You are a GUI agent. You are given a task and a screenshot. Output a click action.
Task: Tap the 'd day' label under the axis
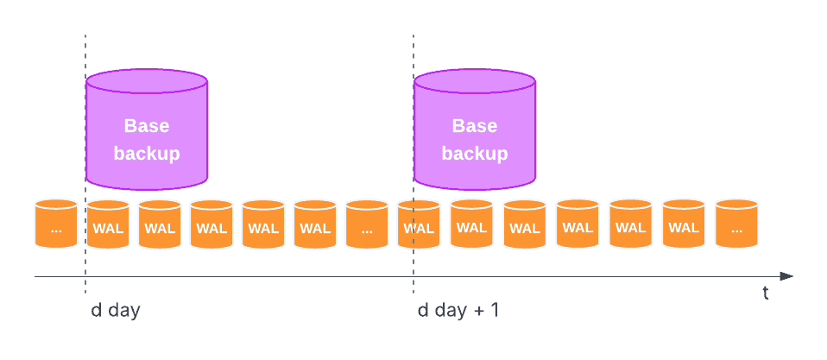(x=116, y=310)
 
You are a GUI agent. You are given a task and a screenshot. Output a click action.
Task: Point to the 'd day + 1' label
(x=458, y=310)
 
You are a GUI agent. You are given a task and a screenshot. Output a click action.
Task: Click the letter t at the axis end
(x=765, y=294)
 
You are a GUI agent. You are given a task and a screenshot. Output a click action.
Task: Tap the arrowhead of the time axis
(x=786, y=276)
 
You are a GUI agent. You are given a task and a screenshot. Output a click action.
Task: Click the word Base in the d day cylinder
(x=147, y=126)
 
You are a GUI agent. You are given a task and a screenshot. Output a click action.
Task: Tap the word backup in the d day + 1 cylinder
(x=475, y=154)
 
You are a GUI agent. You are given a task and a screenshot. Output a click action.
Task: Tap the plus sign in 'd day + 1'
(x=479, y=311)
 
